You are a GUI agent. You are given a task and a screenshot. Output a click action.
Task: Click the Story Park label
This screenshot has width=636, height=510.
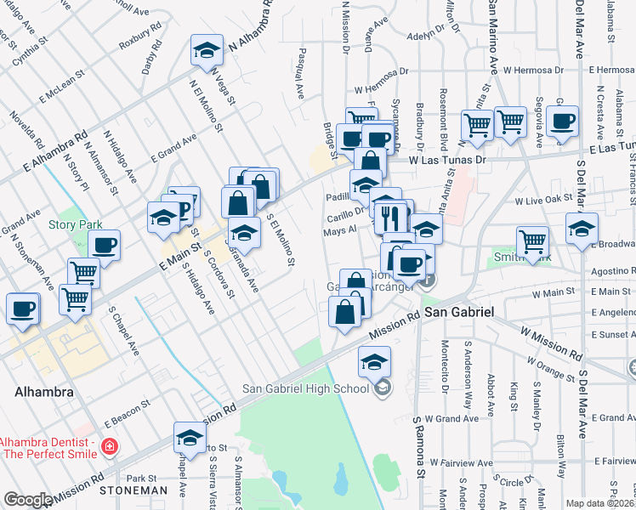coord(75,225)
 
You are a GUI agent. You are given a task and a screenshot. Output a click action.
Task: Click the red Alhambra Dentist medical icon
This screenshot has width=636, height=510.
coord(109,446)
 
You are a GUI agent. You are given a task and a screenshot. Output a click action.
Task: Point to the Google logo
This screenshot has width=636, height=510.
coord(28,500)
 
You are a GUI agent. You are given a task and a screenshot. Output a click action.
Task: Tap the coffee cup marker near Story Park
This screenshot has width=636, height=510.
coord(105,246)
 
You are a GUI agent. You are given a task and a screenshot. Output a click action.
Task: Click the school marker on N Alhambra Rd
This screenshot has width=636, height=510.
coord(207,50)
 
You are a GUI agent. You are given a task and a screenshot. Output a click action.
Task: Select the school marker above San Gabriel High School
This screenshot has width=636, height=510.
coord(374,362)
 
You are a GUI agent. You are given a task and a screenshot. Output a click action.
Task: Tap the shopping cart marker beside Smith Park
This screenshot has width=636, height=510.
coord(532,241)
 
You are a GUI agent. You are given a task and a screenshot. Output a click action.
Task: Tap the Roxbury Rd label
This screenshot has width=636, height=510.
coord(141,39)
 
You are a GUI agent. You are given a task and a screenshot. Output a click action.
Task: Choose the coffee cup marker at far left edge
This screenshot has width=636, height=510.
coord(23,309)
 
